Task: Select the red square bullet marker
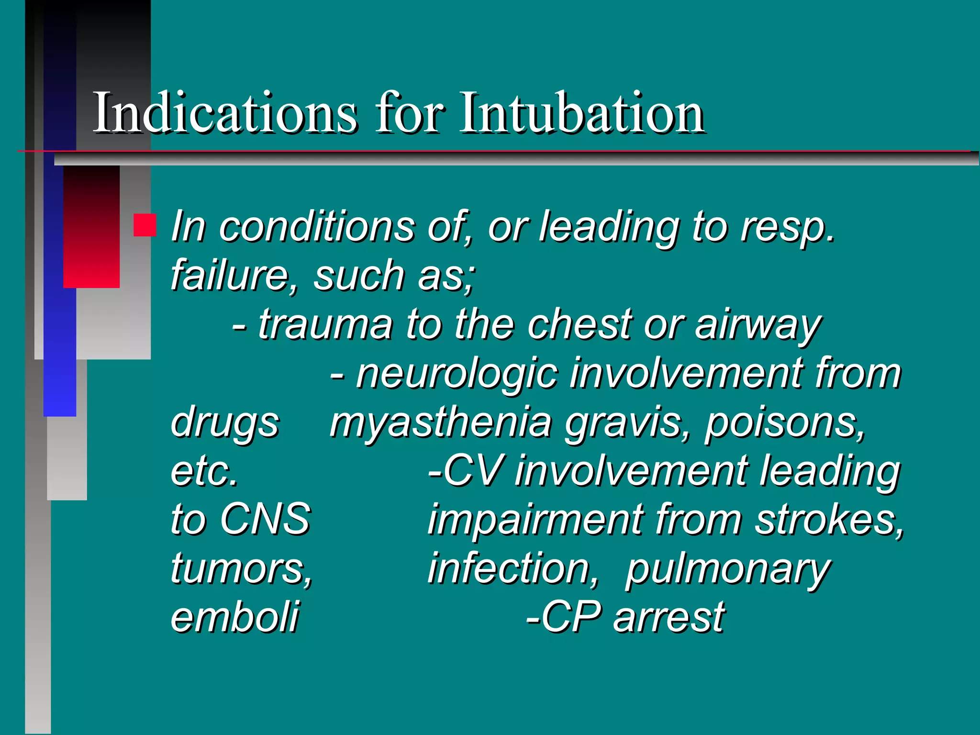point(145,225)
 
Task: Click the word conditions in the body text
point(317,226)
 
